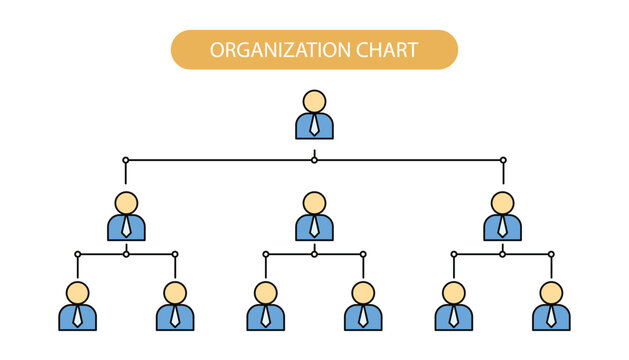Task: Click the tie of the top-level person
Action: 314,126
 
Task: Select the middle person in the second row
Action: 314,217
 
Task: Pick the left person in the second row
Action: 126,217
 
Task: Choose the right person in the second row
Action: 503,217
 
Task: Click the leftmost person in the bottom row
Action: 77,307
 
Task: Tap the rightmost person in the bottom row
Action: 551,307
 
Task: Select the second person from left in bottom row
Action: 175,307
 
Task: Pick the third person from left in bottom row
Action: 265,307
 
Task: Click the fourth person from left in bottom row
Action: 363,307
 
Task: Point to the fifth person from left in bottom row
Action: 454,307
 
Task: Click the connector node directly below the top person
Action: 314,160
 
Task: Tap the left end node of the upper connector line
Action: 126,160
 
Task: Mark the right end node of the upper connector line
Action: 503,160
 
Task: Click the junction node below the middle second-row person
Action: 314,254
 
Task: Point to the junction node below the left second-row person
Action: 126,254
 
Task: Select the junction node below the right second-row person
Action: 503,254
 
